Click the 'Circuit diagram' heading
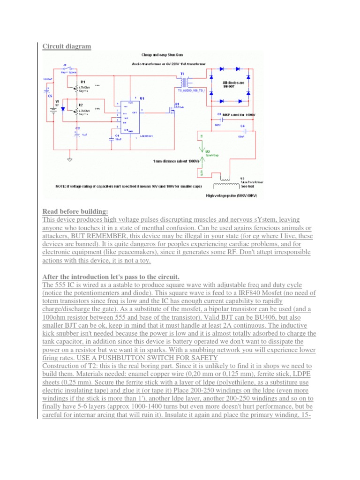tap(67, 46)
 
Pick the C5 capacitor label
tap(50, 95)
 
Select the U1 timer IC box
tap(129, 117)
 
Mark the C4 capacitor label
tap(242, 126)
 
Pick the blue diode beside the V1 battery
tap(63, 109)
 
